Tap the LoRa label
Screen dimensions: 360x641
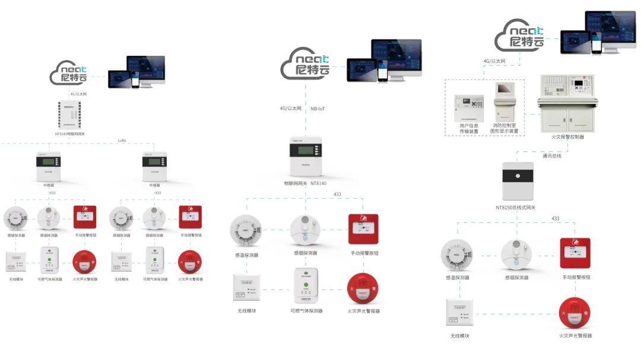click(x=122, y=141)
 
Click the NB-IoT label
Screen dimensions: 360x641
click(x=318, y=109)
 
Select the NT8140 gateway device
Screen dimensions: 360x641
click(x=305, y=157)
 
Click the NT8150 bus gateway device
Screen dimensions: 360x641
click(x=518, y=181)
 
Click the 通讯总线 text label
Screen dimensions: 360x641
click(x=551, y=156)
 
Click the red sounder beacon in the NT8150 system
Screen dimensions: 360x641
click(x=575, y=313)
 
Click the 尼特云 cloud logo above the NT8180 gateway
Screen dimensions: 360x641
click(x=69, y=74)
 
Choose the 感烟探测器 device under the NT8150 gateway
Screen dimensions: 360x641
click(x=516, y=254)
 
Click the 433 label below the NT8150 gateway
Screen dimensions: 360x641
click(x=556, y=219)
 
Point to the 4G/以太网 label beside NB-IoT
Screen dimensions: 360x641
click(x=291, y=109)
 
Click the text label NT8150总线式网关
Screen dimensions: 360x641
click(x=515, y=207)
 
